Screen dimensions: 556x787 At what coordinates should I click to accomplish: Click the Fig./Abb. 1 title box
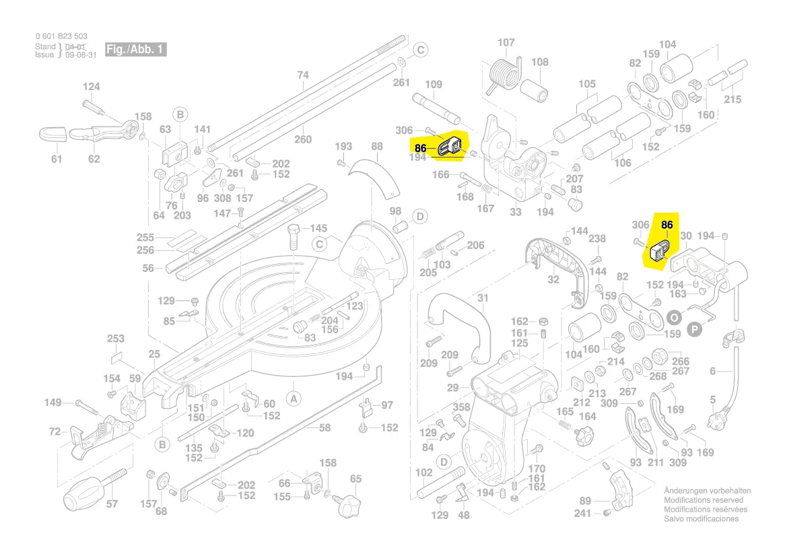pyautogui.click(x=135, y=50)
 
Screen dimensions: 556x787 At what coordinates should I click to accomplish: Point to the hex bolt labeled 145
pyautogui.click(x=295, y=237)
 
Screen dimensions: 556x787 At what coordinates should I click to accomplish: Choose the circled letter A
pyautogui.click(x=294, y=398)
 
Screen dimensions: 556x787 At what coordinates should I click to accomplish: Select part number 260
pyautogui.click(x=303, y=139)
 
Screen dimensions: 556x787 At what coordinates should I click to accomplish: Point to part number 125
pyautogui.click(x=519, y=343)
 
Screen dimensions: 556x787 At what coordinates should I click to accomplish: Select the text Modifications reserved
pyautogui.click(x=704, y=500)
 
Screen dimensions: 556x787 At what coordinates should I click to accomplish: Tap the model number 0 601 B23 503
pyautogui.click(x=61, y=36)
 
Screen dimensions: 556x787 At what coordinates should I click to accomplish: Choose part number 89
pyautogui.click(x=585, y=500)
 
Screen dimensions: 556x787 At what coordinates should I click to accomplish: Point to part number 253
pyautogui.click(x=116, y=339)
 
